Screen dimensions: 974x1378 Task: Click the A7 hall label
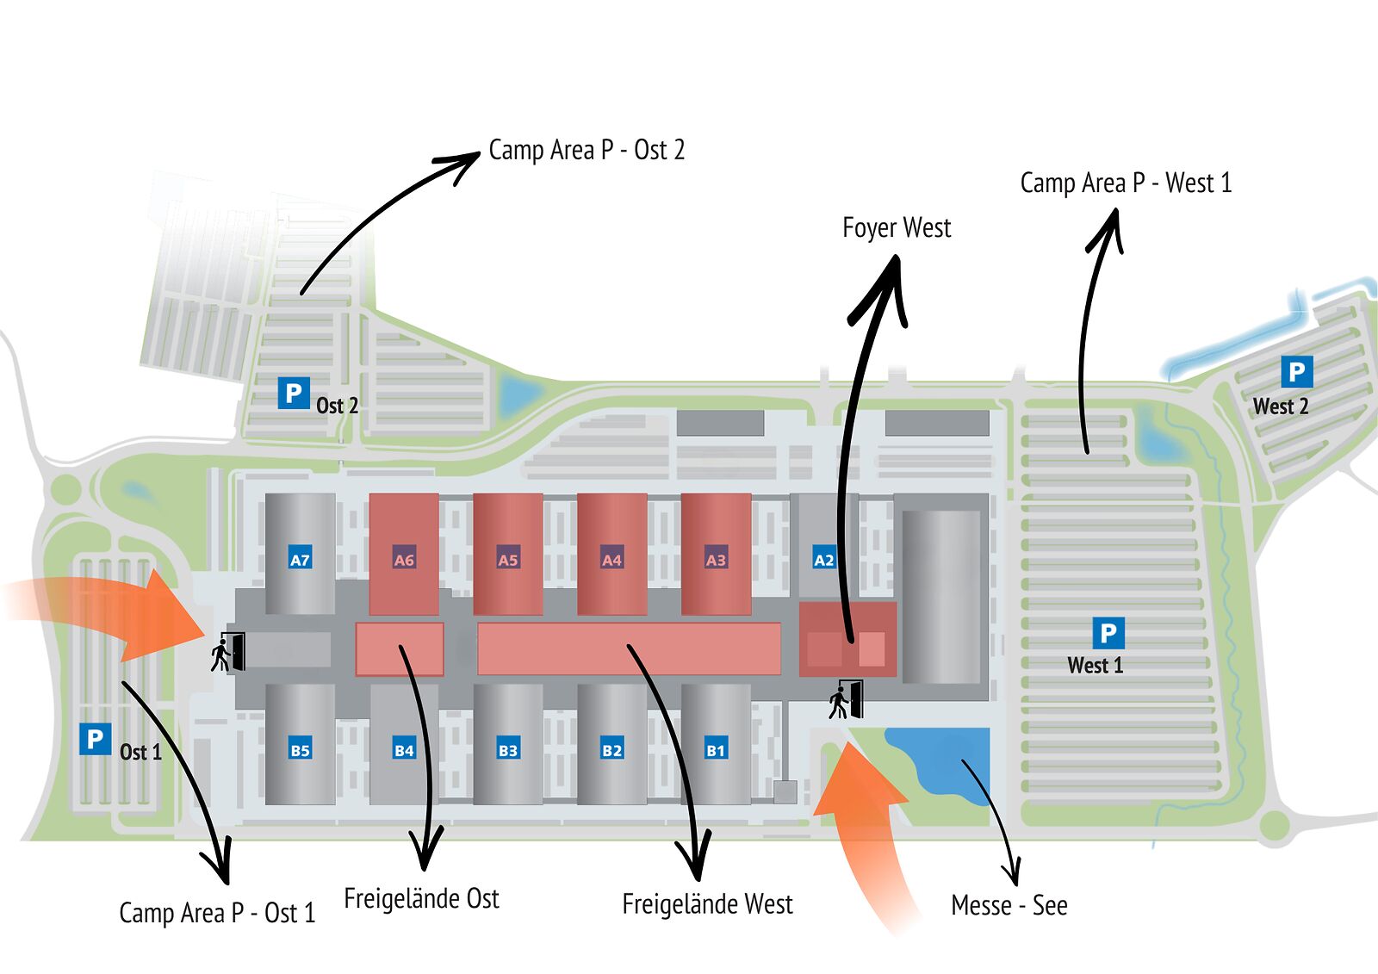click(300, 560)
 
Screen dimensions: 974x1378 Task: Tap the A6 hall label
click(404, 560)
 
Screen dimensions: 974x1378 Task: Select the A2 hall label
click(824, 560)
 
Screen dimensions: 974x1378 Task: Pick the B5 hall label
click(300, 750)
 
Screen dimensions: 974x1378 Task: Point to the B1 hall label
click(716, 750)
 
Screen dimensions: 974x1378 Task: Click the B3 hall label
click(508, 750)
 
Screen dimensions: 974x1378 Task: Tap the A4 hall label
click(611, 560)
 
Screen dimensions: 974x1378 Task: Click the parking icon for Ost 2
click(293, 394)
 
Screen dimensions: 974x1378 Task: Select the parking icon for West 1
click(1108, 633)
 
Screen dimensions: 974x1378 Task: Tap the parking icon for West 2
click(1296, 372)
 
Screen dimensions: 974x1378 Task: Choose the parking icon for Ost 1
click(95, 739)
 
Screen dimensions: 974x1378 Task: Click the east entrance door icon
click(228, 652)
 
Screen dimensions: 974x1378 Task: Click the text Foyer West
click(897, 228)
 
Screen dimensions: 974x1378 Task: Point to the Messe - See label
click(1009, 905)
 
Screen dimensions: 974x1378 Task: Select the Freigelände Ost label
click(421, 899)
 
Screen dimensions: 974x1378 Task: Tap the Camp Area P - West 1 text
click(1126, 183)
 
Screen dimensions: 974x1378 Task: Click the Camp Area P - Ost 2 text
click(587, 150)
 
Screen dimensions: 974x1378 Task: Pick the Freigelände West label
click(707, 904)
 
